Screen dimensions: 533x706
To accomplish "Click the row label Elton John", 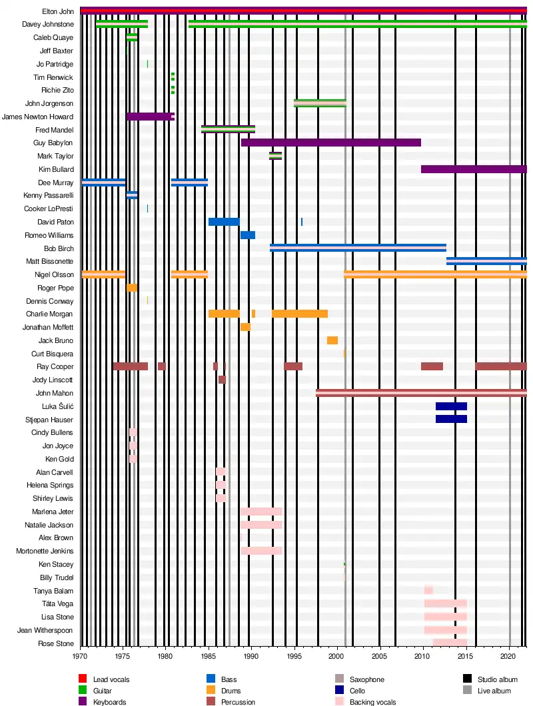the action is click(x=58, y=11).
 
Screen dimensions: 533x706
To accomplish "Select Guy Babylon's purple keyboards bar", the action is click(x=331, y=143).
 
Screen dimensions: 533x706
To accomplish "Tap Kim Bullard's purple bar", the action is click(x=474, y=169).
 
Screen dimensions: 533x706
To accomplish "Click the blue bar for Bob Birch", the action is click(x=358, y=248).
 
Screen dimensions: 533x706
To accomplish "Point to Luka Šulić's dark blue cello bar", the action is click(x=451, y=406).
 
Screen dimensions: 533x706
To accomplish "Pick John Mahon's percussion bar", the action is click(x=421, y=393).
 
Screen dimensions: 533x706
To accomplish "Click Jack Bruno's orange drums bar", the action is click(x=332, y=340).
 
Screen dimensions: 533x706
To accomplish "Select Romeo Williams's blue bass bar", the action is click(x=248, y=235).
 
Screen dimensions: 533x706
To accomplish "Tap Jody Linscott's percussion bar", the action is click(x=222, y=380).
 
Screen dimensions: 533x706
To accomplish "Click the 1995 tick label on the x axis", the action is click(x=294, y=656).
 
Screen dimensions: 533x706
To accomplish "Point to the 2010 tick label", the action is click(x=422, y=656).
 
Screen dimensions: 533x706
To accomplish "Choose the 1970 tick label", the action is click(x=80, y=656).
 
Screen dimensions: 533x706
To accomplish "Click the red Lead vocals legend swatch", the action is click(x=83, y=679).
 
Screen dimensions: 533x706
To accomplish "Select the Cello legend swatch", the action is click(x=340, y=690).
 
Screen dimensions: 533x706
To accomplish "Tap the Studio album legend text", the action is click(x=498, y=679).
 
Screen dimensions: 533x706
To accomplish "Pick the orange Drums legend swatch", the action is click(x=211, y=690).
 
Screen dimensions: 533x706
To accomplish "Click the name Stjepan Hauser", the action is click(x=49, y=420).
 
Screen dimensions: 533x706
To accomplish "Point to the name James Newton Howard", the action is click(x=37, y=117).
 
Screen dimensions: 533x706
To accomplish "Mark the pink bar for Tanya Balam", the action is click(x=428, y=590).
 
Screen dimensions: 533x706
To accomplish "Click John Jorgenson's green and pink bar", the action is click(x=320, y=103).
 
